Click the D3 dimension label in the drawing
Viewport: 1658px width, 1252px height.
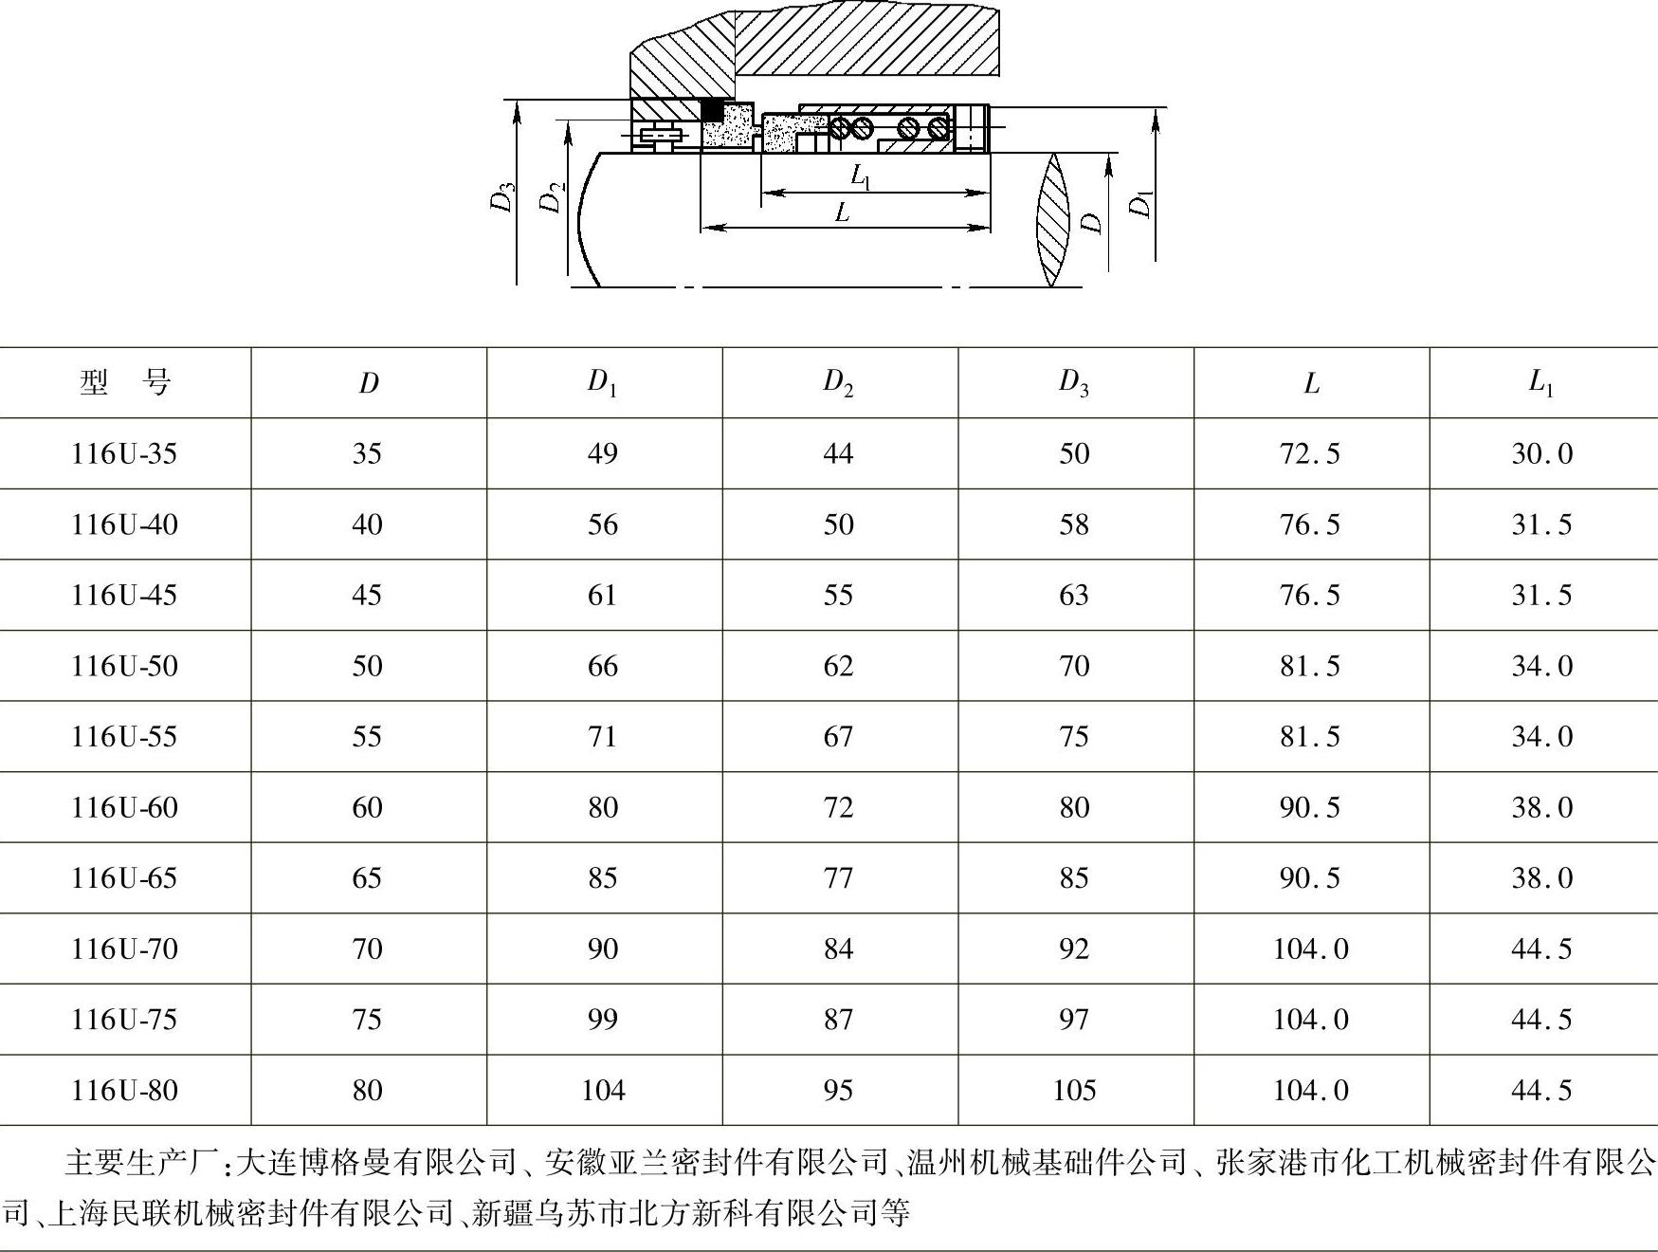[x=503, y=196]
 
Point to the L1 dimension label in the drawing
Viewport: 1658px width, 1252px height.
[x=861, y=176]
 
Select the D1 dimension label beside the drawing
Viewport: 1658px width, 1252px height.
[x=1142, y=203]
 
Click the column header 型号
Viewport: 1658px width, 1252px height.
[x=124, y=383]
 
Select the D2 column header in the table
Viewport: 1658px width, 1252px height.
[x=838, y=382]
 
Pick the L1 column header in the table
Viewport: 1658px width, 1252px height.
[x=1541, y=382]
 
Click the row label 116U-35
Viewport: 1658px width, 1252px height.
[x=124, y=453]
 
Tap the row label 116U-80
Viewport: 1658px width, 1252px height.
[x=124, y=1090]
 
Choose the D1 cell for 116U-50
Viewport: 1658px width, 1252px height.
[x=603, y=666]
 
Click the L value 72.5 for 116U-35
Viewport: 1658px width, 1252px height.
[x=1310, y=453]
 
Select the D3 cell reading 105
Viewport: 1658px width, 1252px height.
[x=1074, y=1090]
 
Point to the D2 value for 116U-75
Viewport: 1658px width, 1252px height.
[x=838, y=1019]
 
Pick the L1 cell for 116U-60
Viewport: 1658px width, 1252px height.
[x=1541, y=807]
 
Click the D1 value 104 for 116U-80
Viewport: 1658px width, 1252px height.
[x=603, y=1090]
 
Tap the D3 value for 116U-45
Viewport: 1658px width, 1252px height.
[x=1074, y=595]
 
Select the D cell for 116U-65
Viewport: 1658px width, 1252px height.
[x=367, y=877]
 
